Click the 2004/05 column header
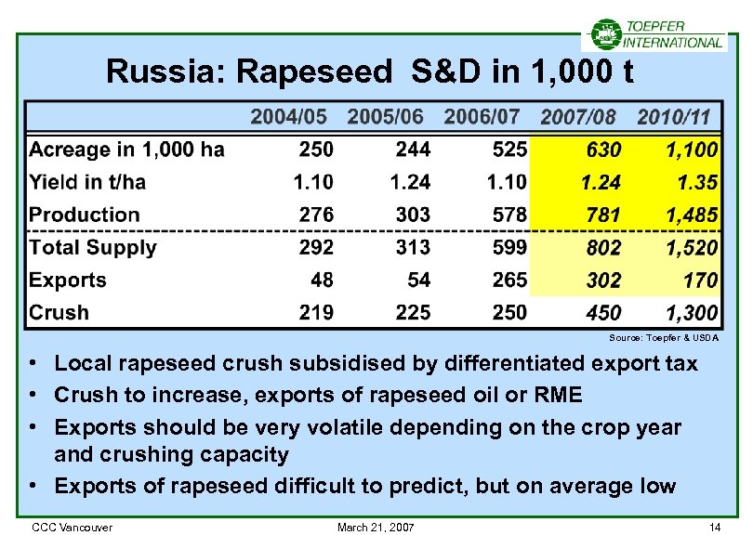click(x=289, y=117)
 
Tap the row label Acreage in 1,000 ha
click(x=126, y=150)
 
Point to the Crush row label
click(x=59, y=313)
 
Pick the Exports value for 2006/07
click(x=509, y=281)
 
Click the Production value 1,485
click(x=692, y=215)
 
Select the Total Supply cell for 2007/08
click(x=602, y=248)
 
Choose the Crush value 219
click(x=316, y=313)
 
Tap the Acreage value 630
click(x=603, y=150)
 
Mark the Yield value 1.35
click(x=699, y=183)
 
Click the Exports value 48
click(x=321, y=281)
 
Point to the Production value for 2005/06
click(x=413, y=215)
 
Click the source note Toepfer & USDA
click(x=664, y=337)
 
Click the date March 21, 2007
click(x=376, y=528)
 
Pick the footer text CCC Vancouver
click(x=73, y=528)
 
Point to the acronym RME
click(x=557, y=396)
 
